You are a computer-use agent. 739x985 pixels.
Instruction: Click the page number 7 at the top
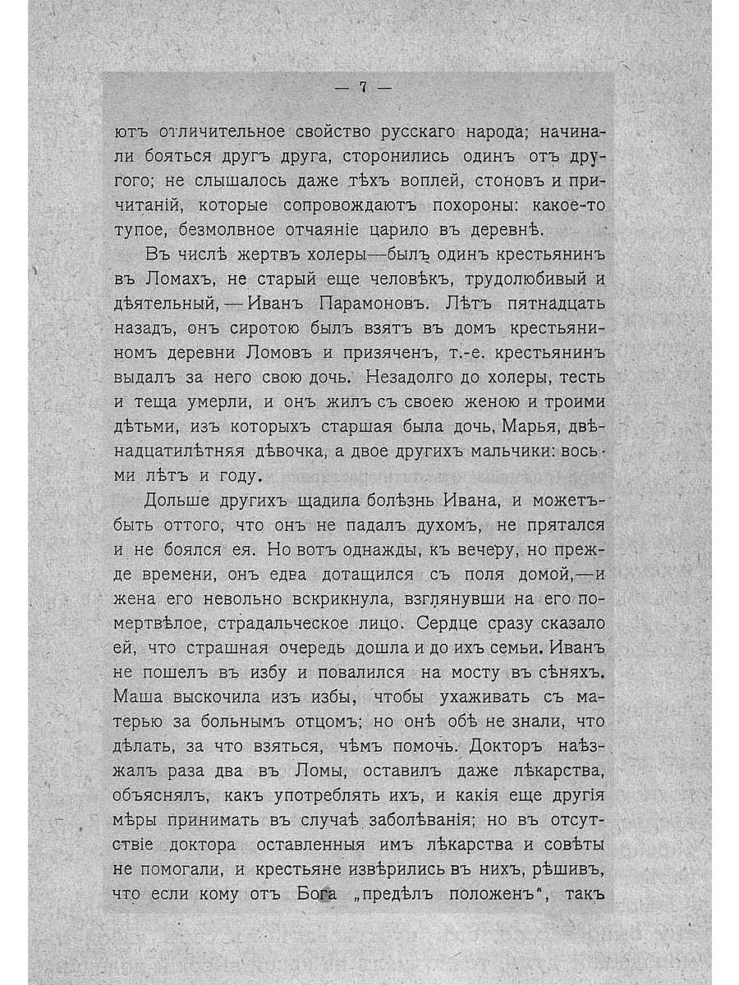click(362, 89)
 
